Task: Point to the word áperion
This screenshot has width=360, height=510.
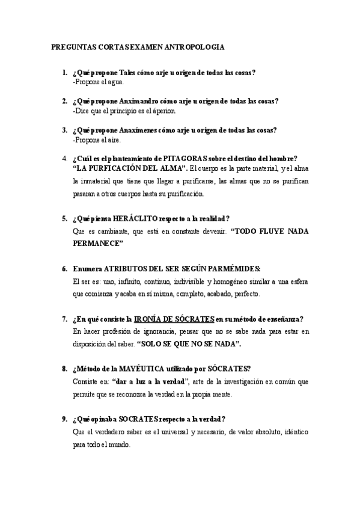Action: pos(165,111)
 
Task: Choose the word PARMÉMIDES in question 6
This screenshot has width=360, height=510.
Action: pos(237,268)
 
